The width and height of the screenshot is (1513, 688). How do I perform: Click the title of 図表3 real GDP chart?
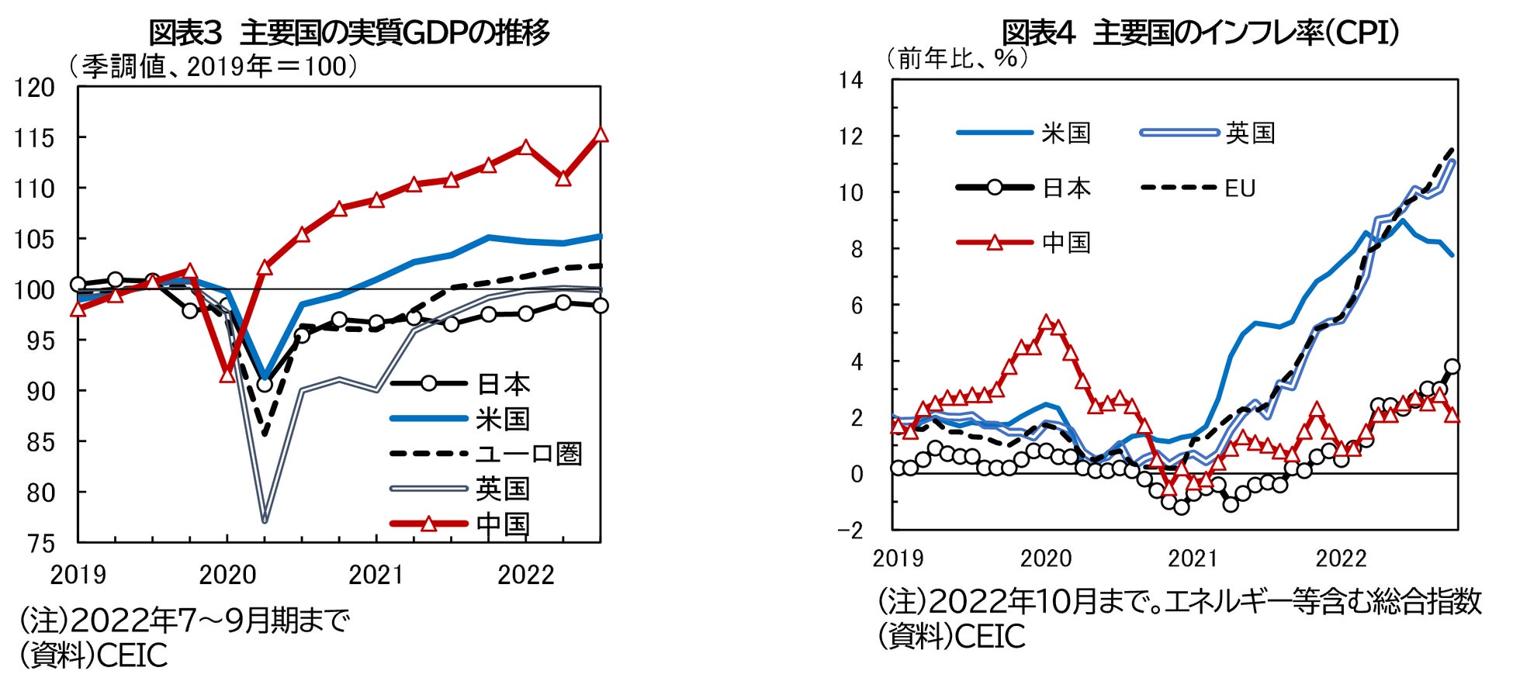click(349, 33)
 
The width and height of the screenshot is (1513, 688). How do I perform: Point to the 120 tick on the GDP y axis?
click(35, 88)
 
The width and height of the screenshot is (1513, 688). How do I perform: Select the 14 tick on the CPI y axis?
click(850, 80)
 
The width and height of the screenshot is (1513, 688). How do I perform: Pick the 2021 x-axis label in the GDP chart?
click(376, 575)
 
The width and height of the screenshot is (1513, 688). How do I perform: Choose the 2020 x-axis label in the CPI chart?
click(1045, 558)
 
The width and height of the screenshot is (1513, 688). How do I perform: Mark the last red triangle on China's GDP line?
click(600, 135)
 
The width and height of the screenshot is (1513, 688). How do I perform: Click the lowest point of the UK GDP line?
click(265, 520)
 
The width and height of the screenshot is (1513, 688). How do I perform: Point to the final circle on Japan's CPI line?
click(1452, 367)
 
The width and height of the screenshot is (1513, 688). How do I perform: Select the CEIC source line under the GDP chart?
click(93, 656)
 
